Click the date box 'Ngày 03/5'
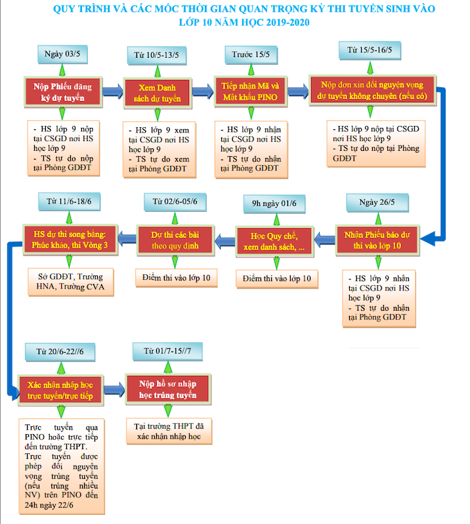coord(62,54)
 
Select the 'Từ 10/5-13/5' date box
coord(156,55)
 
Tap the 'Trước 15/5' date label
coord(251,54)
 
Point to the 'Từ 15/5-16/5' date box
coord(370,50)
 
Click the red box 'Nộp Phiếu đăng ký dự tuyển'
coord(63,92)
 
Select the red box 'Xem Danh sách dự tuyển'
coord(158,93)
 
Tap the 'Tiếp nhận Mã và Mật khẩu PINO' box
coord(251,92)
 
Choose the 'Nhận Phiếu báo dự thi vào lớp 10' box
coord(377,240)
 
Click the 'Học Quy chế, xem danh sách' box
coord(274,241)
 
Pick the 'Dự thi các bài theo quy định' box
coord(175,240)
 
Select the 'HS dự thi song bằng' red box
coord(70,239)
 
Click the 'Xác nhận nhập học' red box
coord(60,390)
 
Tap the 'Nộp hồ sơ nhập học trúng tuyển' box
coord(168,390)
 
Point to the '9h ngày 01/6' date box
coord(274,203)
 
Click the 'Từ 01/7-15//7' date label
coord(167,352)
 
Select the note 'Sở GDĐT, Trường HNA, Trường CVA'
coord(71,282)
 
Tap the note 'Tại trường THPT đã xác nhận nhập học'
coord(169,431)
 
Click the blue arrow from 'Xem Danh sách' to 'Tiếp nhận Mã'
coord(203,92)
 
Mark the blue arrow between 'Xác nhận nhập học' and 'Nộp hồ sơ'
coord(114,390)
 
